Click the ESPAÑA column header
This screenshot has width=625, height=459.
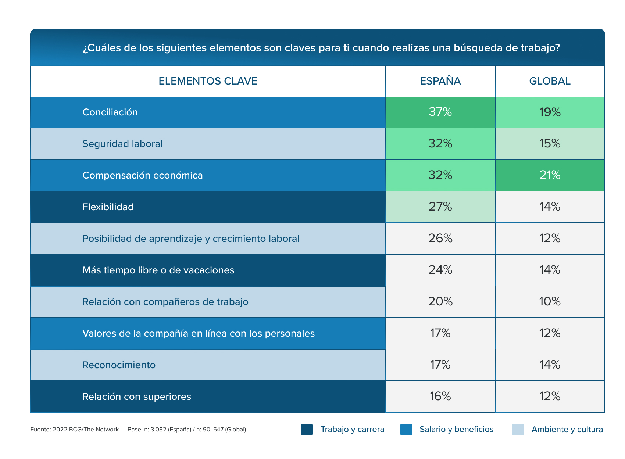(x=440, y=81)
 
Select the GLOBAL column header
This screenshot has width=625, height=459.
(x=550, y=81)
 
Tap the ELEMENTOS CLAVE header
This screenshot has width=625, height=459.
(x=208, y=81)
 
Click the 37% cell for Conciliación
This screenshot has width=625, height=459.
(x=440, y=112)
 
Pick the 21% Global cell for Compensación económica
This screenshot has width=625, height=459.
(x=550, y=175)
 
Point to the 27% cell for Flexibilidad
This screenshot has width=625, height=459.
(x=440, y=207)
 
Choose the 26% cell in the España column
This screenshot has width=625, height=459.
(x=440, y=238)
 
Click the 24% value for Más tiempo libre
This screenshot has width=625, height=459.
(x=440, y=270)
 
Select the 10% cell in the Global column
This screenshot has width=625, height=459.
(x=550, y=301)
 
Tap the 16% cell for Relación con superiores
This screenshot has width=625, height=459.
(x=440, y=396)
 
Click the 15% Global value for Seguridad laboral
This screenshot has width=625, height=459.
(x=550, y=143)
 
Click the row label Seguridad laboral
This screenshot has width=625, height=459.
(x=122, y=144)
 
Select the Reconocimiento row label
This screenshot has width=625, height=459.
(x=119, y=365)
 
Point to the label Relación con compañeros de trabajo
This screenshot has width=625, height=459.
(x=165, y=302)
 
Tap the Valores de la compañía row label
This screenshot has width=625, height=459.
(x=199, y=333)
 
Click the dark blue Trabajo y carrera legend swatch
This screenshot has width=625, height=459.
(x=307, y=430)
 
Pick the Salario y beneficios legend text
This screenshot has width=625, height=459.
(x=456, y=430)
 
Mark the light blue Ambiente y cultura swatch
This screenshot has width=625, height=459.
(x=518, y=430)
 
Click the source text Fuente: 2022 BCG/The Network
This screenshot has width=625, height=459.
(x=75, y=430)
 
